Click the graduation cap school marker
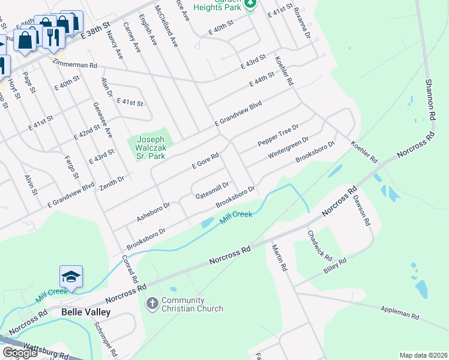pyautogui.click(x=71, y=277)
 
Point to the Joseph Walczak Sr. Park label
pyautogui.click(x=150, y=146)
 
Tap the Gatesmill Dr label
pyautogui.click(x=212, y=191)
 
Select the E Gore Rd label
pyautogui.click(x=205, y=160)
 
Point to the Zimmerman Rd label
pyautogui.click(x=74, y=64)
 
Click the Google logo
pyautogui.click(x=20, y=353)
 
